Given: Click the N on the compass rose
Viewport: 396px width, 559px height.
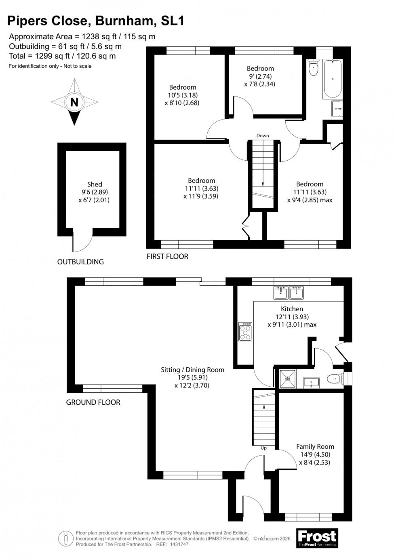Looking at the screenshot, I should tap(74, 102).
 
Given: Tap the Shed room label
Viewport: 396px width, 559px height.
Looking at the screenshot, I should tap(95, 184).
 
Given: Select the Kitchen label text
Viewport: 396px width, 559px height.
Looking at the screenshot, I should tap(292, 309).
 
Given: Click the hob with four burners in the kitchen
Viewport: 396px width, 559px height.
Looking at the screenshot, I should tap(245, 331).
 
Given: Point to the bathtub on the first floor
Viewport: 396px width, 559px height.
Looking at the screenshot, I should tap(333, 79).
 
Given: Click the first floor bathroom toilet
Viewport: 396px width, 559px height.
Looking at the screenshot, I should tap(314, 68).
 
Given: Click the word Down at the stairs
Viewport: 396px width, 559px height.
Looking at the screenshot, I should tap(263, 136).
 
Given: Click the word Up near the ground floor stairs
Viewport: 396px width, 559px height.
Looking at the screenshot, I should tap(263, 448).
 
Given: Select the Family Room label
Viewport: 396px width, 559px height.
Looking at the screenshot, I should tap(315, 446).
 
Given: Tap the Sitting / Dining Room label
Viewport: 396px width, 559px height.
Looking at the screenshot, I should tap(192, 370).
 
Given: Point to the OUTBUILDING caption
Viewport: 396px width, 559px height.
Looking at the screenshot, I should tap(80, 262).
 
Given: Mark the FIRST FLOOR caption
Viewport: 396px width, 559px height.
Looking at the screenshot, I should tap(167, 256).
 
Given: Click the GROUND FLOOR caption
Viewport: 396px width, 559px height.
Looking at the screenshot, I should tap(93, 402).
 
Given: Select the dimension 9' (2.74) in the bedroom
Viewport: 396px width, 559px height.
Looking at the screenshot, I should tap(260, 76).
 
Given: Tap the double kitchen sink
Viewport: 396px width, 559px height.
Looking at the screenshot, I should tap(289, 293).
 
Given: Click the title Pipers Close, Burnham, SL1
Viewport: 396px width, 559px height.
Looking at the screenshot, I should tap(97, 21).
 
